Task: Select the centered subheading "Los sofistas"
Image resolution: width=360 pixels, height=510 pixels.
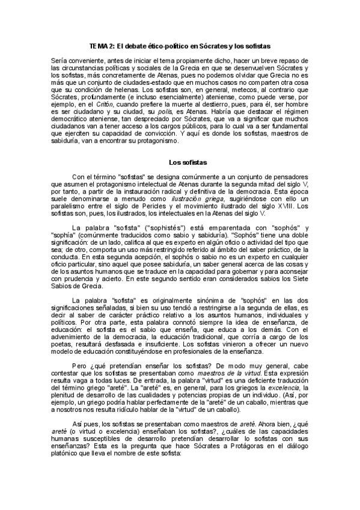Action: click(x=189, y=162)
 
